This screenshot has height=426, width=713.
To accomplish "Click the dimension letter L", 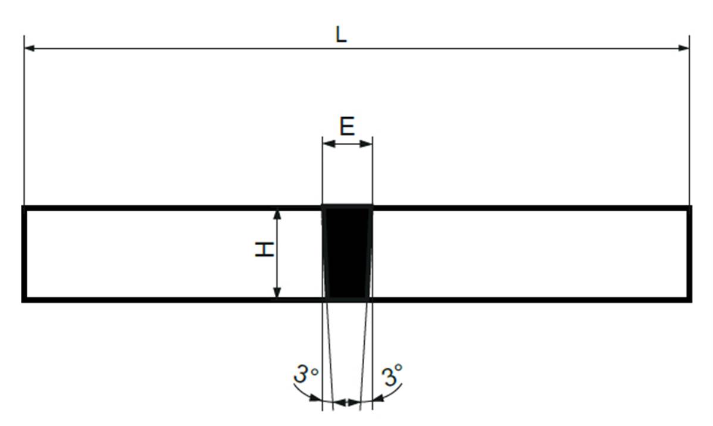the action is click(x=341, y=35).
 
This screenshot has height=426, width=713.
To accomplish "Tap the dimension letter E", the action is click(x=348, y=126).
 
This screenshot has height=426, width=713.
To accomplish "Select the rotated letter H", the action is click(x=264, y=250).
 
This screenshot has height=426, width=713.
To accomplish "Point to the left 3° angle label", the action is click(x=306, y=374).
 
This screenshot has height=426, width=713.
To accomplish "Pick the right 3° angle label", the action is click(x=392, y=375).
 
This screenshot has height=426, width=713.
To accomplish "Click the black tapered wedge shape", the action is click(x=348, y=252).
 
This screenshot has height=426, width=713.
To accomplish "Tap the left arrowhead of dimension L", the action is click(x=30, y=48).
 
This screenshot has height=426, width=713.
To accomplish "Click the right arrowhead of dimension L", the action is click(x=684, y=48).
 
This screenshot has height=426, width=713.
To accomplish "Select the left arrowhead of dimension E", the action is click(x=329, y=144).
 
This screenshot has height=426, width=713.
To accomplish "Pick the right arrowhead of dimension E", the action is click(x=366, y=144).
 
